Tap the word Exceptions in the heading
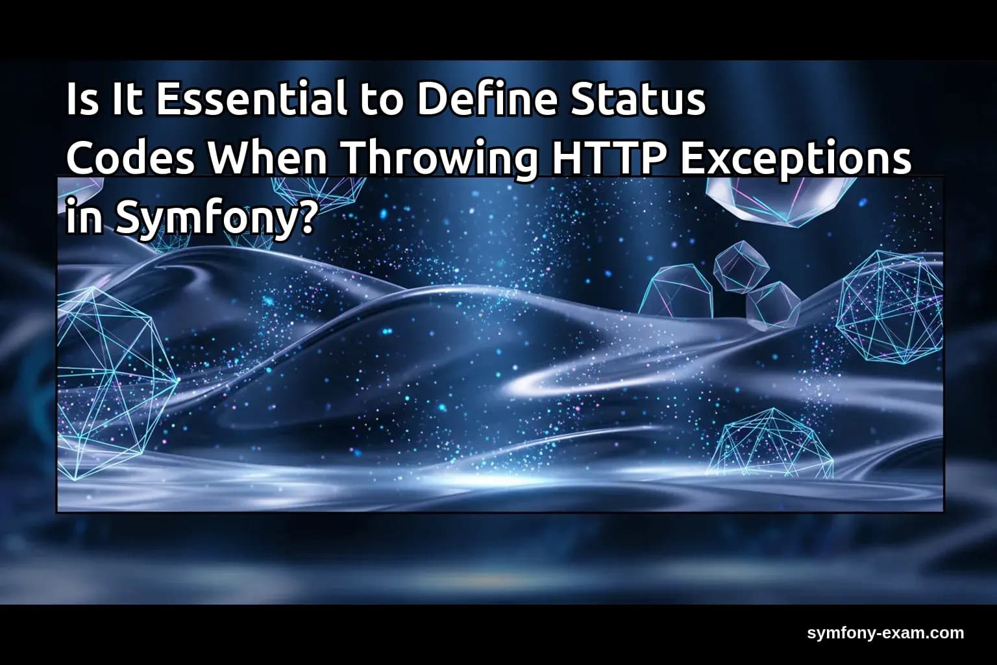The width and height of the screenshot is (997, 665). point(795,160)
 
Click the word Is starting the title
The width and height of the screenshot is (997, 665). point(81,100)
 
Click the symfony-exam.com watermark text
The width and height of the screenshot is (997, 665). point(885,633)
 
